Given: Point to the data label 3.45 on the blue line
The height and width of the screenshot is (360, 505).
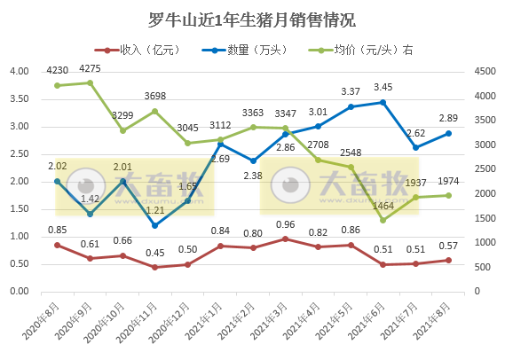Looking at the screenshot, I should point(383,87).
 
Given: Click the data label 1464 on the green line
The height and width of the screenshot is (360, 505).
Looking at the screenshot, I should point(383,206).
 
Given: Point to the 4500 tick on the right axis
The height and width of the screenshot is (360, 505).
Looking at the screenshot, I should point(487,72).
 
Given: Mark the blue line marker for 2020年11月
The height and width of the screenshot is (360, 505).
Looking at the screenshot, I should point(155,225).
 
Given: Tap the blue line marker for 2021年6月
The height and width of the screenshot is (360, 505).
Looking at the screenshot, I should point(383,102).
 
